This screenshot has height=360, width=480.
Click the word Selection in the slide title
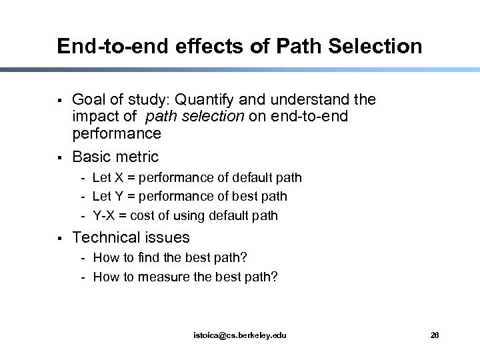point(380,46)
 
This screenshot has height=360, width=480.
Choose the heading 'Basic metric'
point(115,157)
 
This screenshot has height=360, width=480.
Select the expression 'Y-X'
point(105,215)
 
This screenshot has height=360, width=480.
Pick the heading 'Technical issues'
point(131,237)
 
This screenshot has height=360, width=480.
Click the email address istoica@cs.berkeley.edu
point(239,335)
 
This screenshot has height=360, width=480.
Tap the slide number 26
point(435,335)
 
